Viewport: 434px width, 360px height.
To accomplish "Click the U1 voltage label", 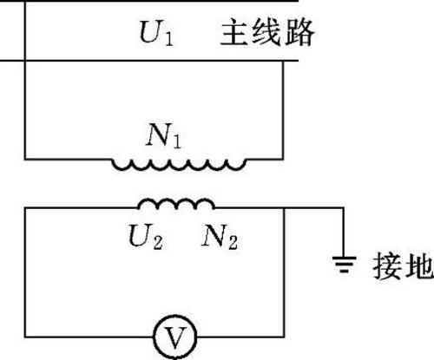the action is click(156, 33).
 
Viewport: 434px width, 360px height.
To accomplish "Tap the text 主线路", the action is click(267, 32).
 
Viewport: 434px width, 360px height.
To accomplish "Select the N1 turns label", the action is click(164, 135).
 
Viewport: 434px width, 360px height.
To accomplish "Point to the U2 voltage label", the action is click(146, 237).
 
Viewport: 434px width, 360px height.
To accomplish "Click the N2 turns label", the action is click(220, 237).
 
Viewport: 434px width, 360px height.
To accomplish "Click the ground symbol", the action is click(344, 265).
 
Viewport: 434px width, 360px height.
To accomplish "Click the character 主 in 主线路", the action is click(234, 32).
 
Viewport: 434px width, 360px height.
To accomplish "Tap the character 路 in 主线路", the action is click(299, 32).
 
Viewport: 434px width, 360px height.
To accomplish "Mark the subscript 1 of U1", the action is click(168, 39).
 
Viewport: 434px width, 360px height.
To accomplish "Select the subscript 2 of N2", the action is click(233, 242).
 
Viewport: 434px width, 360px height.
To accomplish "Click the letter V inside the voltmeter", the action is click(175, 337).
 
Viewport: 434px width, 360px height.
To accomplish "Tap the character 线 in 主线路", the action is click(267, 32).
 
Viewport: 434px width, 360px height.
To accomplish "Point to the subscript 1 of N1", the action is click(176, 141).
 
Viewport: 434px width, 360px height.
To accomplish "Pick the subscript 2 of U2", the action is click(158, 242).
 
